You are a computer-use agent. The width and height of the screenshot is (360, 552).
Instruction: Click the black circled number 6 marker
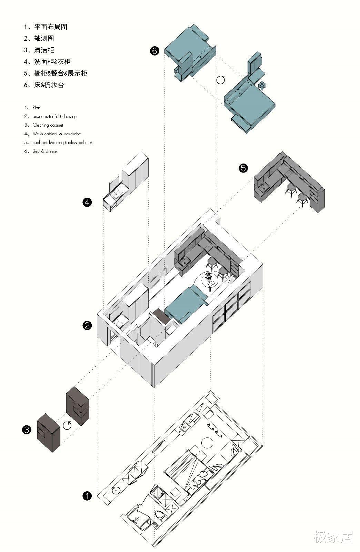(155, 51)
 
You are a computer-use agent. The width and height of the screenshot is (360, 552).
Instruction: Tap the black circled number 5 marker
(243, 168)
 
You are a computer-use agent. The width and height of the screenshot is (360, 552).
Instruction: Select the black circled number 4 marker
(87, 202)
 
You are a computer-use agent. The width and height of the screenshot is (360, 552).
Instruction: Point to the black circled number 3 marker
(27, 430)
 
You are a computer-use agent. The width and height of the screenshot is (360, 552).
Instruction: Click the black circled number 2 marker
(87, 325)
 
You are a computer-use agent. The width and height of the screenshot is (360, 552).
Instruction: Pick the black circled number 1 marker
(87, 496)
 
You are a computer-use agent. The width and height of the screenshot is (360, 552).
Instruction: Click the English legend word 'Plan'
(36, 108)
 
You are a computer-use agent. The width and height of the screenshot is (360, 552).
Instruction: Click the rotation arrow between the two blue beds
(221, 80)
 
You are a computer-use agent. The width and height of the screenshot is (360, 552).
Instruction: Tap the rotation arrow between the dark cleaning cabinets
(67, 425)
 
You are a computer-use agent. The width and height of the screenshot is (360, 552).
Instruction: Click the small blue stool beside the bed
(262, 85)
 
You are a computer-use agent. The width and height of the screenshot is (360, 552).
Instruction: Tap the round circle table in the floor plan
(208, 443)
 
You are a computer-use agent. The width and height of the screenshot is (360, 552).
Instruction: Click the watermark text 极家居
(333, 537)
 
